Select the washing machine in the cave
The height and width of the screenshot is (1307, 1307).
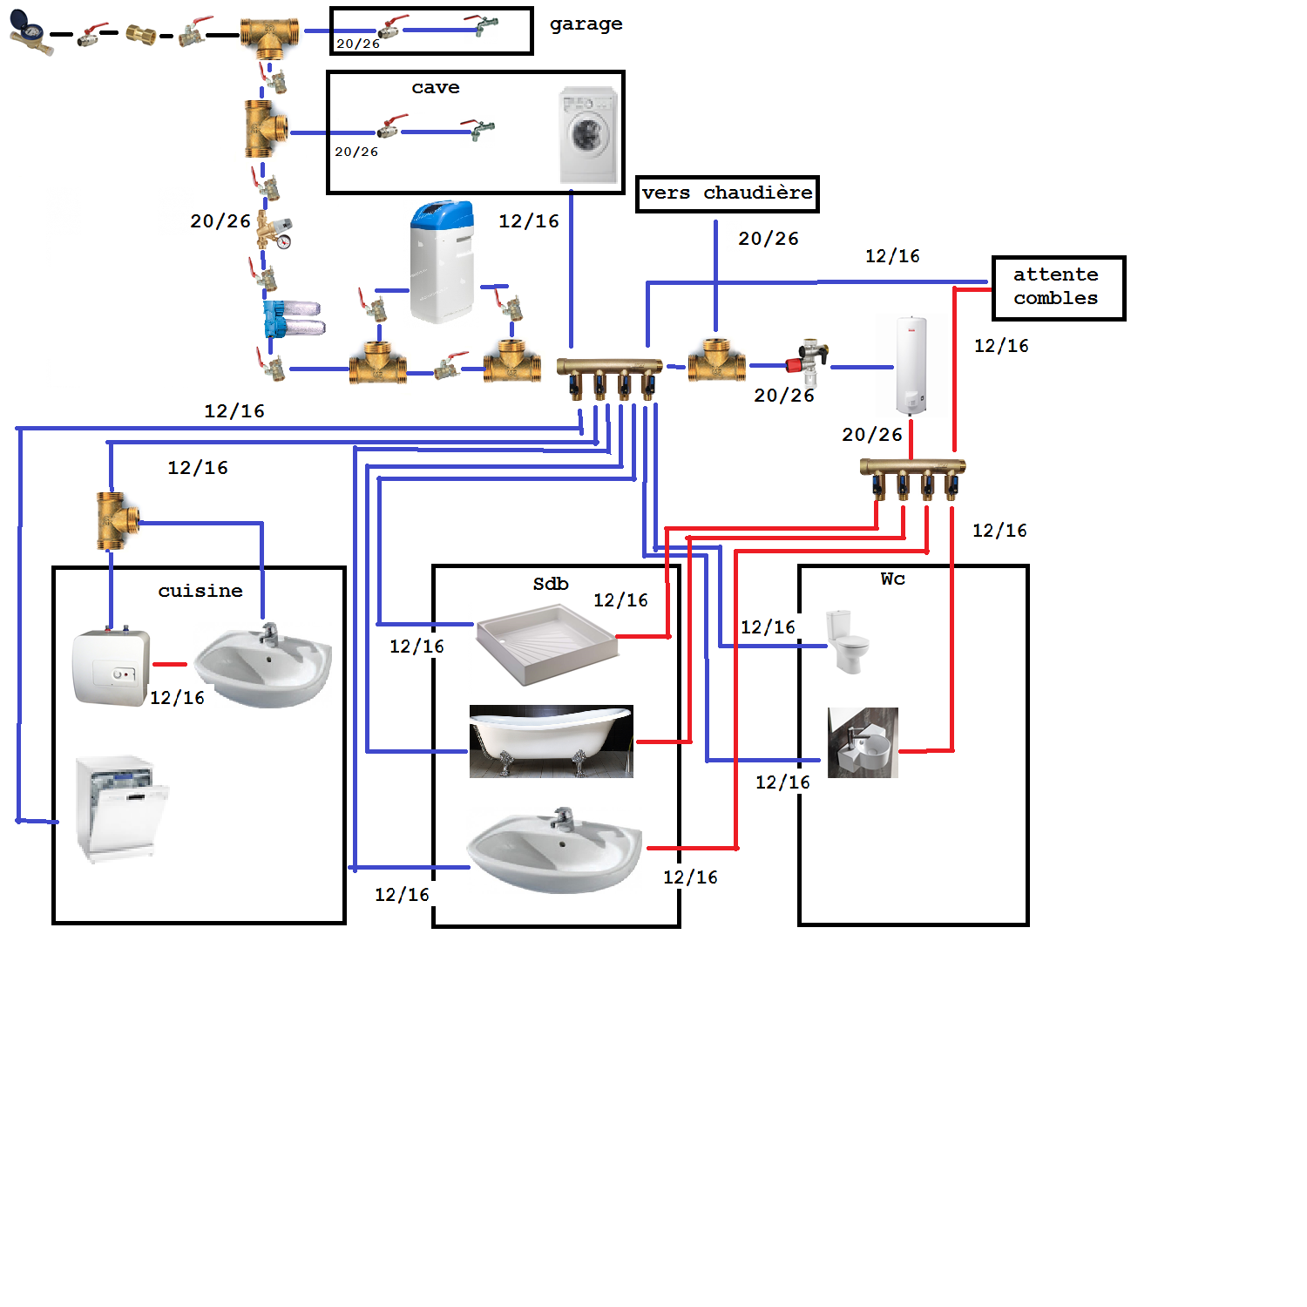click(588, 135)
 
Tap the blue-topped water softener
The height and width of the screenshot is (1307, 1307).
click(443, 261)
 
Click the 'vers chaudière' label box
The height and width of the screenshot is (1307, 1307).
click(727, 193)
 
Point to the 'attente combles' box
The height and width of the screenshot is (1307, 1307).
click(1058, 288)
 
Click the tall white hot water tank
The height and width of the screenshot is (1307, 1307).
click(911, 366)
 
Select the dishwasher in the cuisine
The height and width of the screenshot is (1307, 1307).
click(120, 809)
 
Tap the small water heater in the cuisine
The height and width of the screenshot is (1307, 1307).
click(111, 667)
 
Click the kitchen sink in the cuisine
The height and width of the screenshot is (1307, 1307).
click(263, 667)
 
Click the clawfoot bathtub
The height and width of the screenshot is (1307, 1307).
click(551, 741)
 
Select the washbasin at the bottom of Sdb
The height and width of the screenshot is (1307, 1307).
click(555, 851)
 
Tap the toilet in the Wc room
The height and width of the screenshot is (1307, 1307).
click(847, 641)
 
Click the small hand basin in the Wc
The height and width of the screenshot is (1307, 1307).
click(863, 742)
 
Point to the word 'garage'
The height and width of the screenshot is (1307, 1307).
click(586, 24)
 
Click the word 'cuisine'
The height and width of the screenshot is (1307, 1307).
click(200, 591)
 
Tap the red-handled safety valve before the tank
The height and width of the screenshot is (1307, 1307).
click(808, 359)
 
